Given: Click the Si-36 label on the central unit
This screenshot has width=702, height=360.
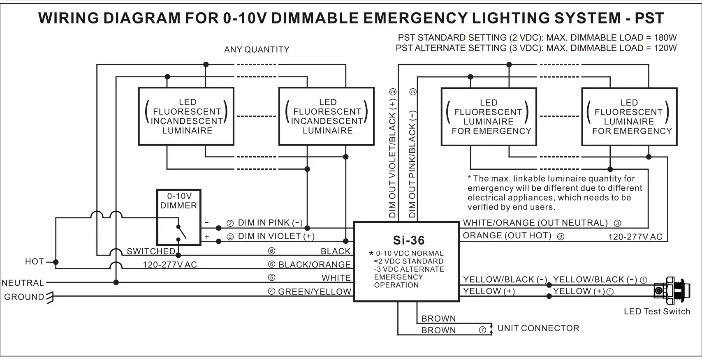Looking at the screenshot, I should click(x=408, y=240).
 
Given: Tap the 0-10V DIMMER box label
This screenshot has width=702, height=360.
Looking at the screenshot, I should click(x=178, y=201).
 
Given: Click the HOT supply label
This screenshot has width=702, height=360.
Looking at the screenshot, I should click(x=34, y=262).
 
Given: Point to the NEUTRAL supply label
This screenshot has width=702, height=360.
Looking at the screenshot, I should click(x=23, y=283).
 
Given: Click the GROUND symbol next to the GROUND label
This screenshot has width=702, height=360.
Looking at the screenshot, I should click(x=50, y=297).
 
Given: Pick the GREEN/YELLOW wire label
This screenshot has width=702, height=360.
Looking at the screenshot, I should click(x=315, y=292).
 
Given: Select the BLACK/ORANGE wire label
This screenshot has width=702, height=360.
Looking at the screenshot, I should click(x=315, y=265).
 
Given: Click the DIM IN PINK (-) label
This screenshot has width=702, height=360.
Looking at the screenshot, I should click(x=270, y=223).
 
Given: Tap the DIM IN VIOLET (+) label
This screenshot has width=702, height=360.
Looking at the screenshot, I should click(x=276, y=236).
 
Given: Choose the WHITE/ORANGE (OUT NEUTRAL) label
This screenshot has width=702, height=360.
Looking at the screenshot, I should click(x=535, y=223).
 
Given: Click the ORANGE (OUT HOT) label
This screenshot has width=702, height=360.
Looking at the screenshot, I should click(x=507, y=235).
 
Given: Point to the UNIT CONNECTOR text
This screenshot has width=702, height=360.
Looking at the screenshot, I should click(x=538, y=328).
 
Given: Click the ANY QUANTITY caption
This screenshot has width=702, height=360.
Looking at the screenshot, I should click(x=257, y=50).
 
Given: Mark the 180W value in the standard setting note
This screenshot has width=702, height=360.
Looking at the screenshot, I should click(x=665, y=38).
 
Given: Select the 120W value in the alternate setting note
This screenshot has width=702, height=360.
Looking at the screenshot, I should click(x=665, y=48).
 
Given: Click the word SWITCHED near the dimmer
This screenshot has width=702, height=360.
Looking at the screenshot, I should click(x=151, y=251).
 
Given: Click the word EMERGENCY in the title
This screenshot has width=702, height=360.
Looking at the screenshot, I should click(x=415, y=18).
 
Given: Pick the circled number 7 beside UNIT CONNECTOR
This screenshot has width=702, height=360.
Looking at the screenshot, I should click(x=483, y=330).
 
